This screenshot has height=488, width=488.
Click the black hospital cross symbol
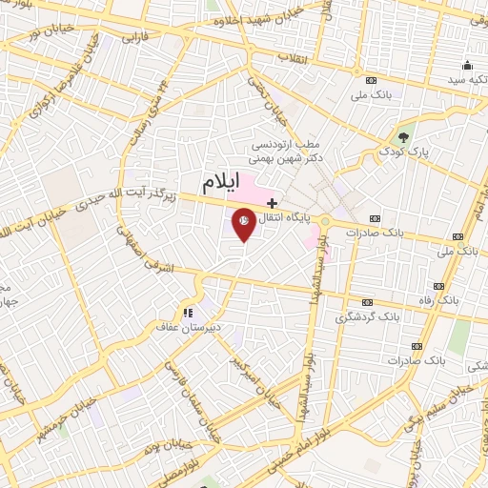[273, 202]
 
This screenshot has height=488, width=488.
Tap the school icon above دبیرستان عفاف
[188, 312]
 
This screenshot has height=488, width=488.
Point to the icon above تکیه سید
[467, 66]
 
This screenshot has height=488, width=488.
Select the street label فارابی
[132, 41]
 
